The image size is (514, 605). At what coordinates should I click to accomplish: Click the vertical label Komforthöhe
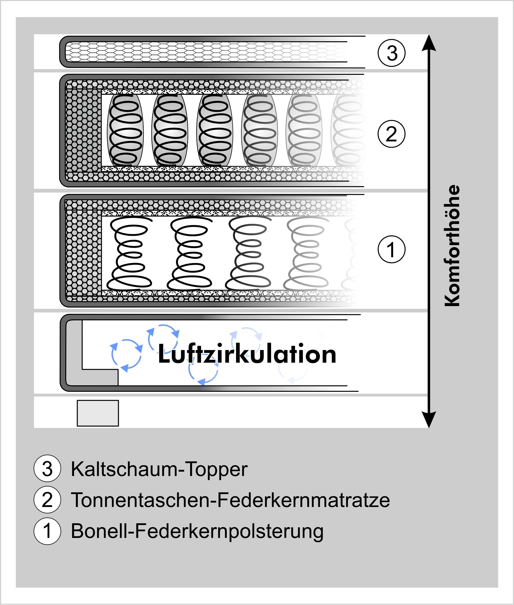click(452, 246)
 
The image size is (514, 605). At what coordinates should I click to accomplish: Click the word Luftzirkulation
click(247, 354)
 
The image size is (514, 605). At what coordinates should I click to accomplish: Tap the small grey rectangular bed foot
click(98, 413)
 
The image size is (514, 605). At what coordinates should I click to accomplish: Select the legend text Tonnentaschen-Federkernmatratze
click(230, 500)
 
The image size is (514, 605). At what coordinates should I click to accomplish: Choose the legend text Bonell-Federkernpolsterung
click(197, 531)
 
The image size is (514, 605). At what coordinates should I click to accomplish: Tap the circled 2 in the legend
click(47, 500)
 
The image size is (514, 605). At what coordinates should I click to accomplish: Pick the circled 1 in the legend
click(47, 531)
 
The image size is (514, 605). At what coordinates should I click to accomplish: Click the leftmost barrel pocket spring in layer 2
click(125, 130)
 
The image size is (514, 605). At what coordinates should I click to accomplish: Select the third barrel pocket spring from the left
click(215, 130)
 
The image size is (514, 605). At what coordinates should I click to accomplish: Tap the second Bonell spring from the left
click(189, 253)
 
